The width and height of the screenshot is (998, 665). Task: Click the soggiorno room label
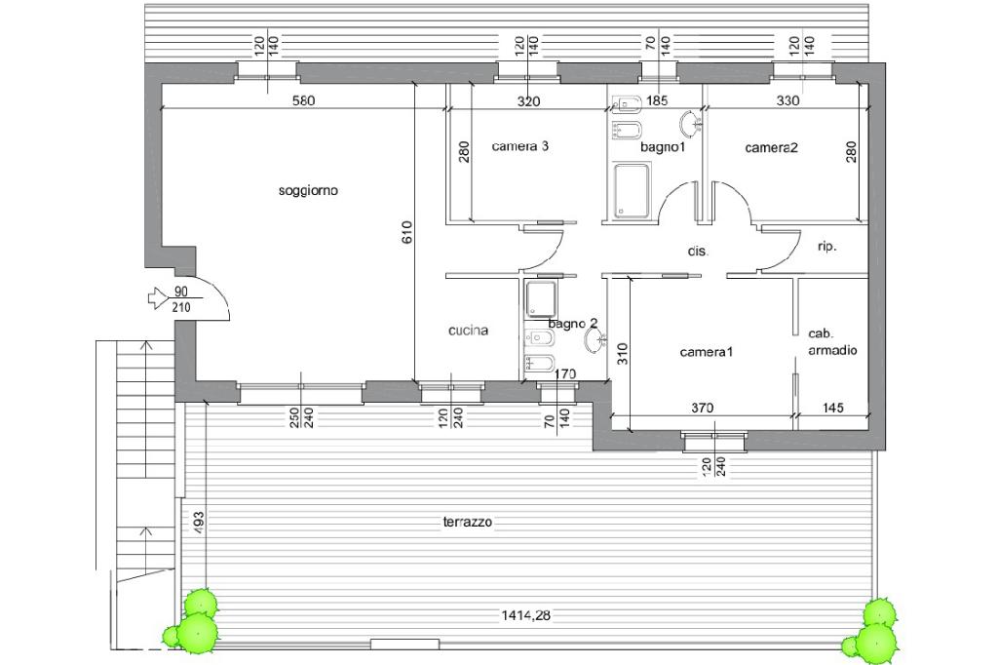coord(308,191)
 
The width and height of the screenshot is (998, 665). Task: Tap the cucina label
coord(469,331)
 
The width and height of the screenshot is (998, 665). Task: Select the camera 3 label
coord(520,146)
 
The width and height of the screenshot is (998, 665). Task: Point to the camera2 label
coord(772,148)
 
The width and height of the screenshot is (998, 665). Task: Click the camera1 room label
coord(707,352)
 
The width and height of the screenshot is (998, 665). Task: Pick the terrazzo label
coord(468,523)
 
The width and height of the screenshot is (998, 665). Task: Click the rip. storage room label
coord(826,247)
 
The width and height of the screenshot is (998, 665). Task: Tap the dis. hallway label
coord(698,251)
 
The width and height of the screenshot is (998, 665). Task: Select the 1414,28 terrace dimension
coord(526,615)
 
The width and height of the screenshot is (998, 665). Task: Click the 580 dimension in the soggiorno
coord(304,100)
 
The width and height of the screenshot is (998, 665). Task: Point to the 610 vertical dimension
coord(408,232)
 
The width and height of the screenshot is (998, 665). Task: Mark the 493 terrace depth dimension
coord(198,523)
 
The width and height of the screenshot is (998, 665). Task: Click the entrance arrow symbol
coord(156,297)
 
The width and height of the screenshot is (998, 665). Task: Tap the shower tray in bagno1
coord(632,190)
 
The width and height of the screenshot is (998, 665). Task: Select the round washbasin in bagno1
coord(689,124)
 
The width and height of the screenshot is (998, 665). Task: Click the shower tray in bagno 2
coord(540,299)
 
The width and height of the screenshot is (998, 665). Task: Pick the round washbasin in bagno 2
coord(594,341)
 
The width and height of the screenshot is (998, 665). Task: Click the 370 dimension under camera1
coord(703,409)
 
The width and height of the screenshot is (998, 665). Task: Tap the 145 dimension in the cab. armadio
coord(832,408)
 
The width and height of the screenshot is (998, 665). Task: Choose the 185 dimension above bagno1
coord(656,100)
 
